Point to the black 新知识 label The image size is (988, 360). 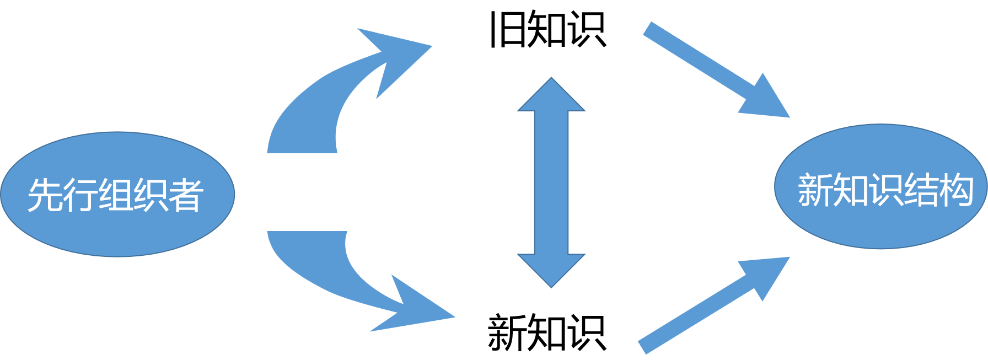(547, 332)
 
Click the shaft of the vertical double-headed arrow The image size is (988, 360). (551, 182)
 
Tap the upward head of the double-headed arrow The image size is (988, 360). (551, 96)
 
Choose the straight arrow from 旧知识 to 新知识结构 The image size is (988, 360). (706, 63)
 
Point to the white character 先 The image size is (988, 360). (44, 195)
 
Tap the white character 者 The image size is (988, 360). (186, 195)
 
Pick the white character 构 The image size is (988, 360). (955, 190)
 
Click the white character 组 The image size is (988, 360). (116, 195)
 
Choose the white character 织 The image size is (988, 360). (151, 195)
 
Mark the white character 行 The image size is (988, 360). (80, 195)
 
